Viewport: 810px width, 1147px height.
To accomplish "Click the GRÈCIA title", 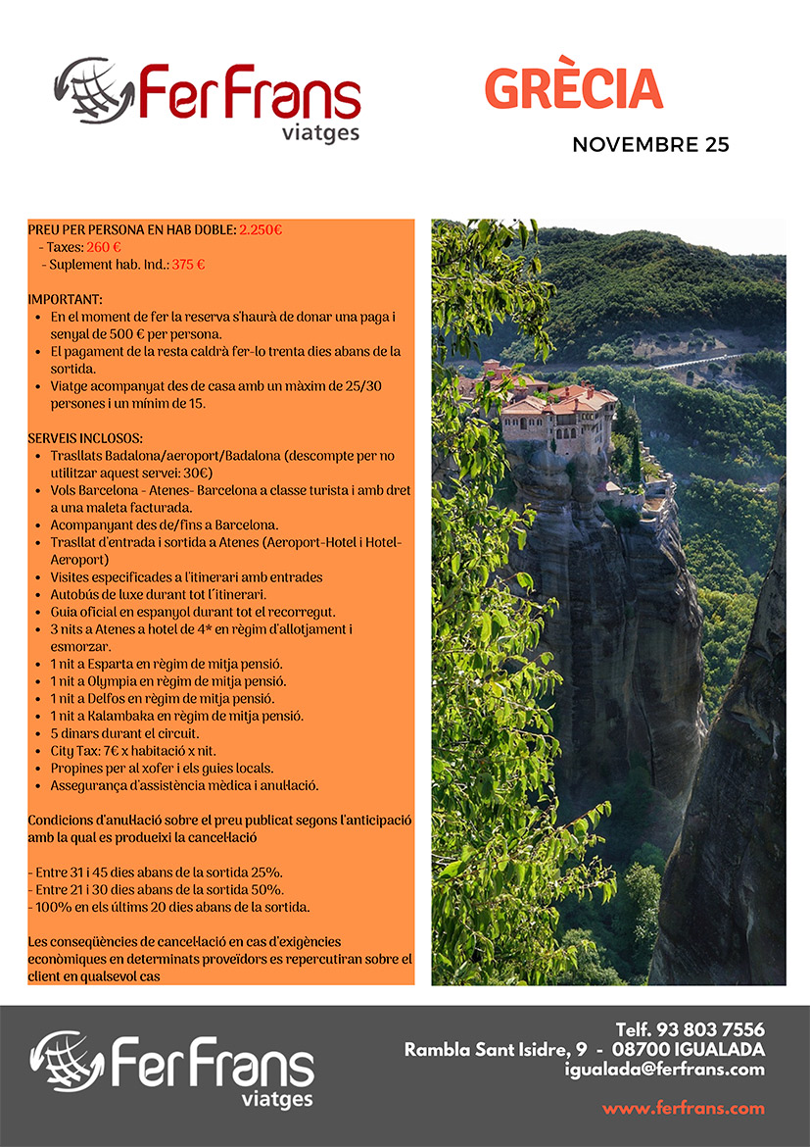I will point(573,90).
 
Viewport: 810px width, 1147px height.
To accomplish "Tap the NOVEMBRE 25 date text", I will point(650,145).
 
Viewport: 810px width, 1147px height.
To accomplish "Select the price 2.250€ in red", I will point(261,230).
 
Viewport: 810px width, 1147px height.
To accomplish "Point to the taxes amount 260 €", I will point(104,247).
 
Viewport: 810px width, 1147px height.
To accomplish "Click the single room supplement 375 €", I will point(188,264).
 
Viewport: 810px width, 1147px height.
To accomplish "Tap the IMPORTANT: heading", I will point(65,298).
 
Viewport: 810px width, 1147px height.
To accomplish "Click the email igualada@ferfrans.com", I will point(665,1070).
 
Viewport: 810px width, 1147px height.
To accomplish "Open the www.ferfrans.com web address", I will point(683,1109).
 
